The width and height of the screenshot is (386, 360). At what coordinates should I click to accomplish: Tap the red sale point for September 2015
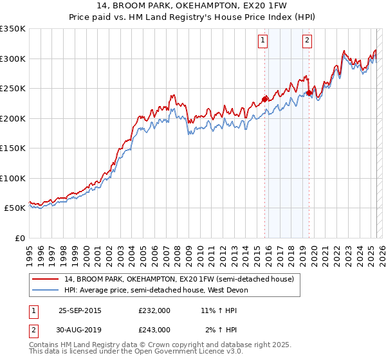coord(264,99)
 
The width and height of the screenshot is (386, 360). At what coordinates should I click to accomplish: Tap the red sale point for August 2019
coord(309,93)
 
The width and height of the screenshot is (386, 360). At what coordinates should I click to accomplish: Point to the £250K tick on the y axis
coord(14,89)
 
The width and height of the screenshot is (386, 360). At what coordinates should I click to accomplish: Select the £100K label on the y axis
coord(14,178)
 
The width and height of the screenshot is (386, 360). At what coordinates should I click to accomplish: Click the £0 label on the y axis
coord(21,238)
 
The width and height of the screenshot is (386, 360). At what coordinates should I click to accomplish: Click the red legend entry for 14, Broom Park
coord(179,279)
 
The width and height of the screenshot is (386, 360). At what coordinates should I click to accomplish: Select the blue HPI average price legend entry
coord(160,290)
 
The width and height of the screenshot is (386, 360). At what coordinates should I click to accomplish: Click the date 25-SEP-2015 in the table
coord(80,310)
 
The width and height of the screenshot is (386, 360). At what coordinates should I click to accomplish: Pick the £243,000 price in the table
coord(154,329)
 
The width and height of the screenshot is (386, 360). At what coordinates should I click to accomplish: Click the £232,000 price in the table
coord(154,310)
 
